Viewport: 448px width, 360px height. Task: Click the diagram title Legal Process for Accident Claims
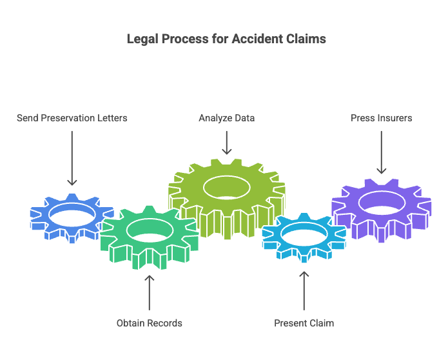226,39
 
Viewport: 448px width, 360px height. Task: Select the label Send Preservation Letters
72,118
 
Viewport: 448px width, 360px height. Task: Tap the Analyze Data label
226,118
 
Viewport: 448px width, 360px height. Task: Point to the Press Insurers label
381,118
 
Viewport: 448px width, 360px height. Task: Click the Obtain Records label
149,323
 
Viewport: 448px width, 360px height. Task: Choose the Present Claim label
304,323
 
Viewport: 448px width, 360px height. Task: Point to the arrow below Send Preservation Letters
72,158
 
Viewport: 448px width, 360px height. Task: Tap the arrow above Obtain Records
149,292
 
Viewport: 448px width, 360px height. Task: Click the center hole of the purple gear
382,201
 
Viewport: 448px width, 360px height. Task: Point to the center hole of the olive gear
227,188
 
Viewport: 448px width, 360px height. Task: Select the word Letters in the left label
112,118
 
